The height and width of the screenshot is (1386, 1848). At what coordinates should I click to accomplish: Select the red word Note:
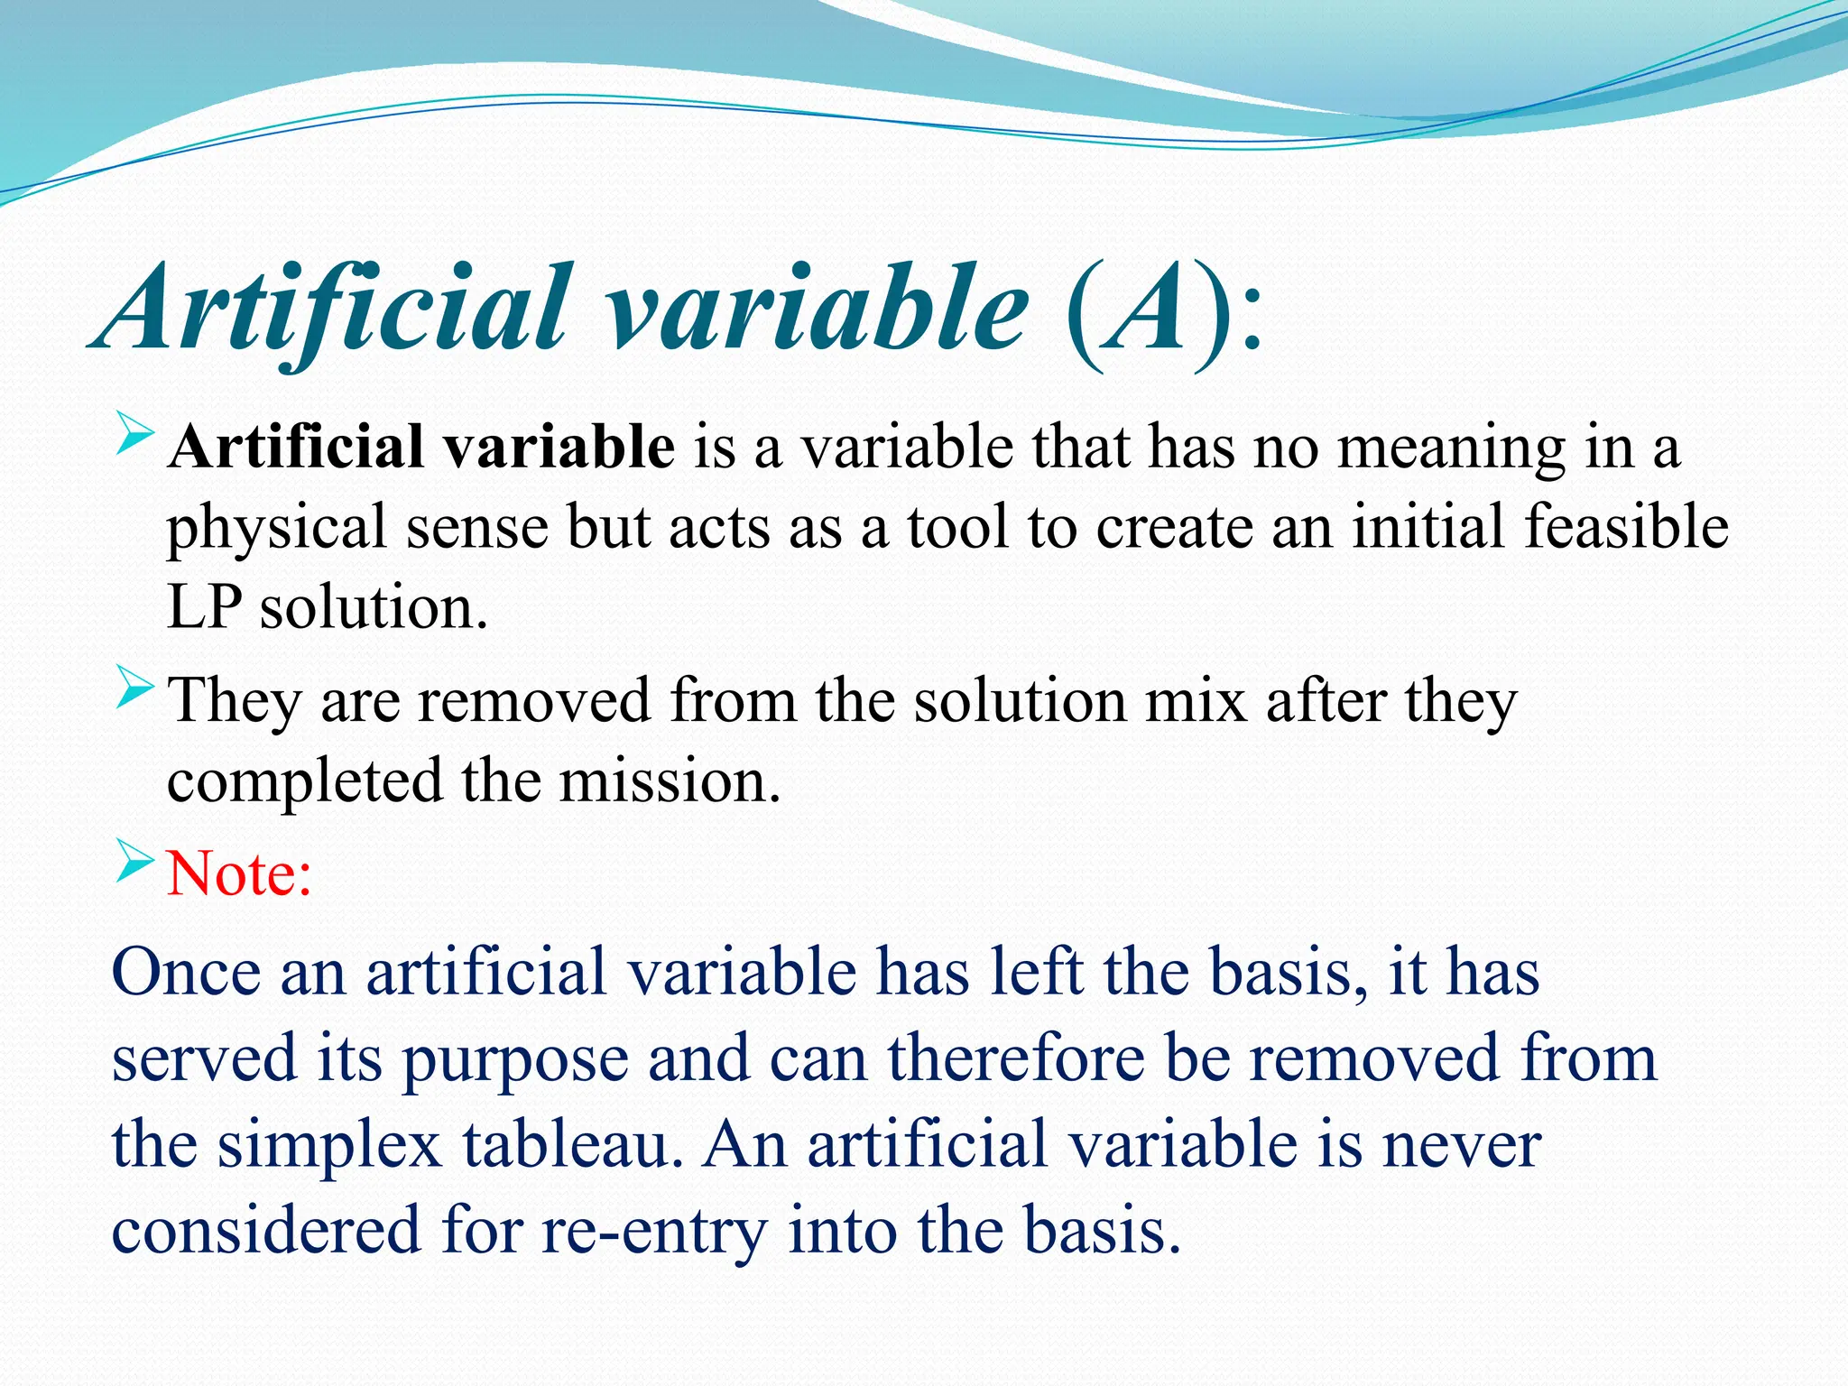[240, 873]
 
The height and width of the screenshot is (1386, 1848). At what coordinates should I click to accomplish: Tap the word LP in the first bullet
[204, 608]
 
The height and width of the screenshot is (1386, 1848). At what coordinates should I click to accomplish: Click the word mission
[669, 781]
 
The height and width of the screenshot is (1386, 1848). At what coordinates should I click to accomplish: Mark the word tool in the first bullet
[957, 527]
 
